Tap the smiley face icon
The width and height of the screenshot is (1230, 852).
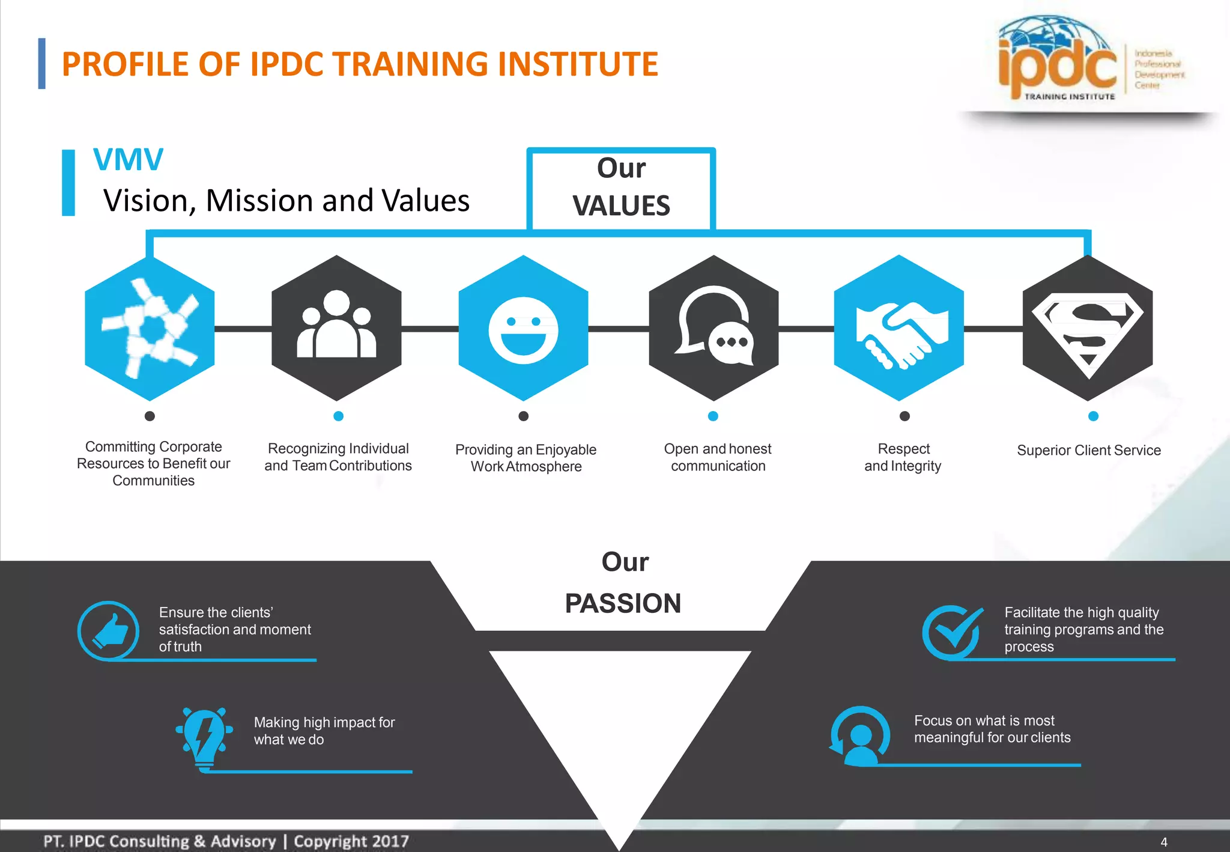(523, 330)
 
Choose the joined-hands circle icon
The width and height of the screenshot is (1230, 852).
(150, 327)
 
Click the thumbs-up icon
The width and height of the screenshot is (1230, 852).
(108, 631)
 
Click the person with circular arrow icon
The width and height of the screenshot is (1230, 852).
(859, 736)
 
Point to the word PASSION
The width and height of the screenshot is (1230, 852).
(623, 603)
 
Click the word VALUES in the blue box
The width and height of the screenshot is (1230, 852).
(621, 205)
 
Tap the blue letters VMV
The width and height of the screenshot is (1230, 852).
(128, 160)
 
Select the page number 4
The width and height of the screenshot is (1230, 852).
(1163, 842)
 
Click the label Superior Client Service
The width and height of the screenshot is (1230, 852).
(1088, 450)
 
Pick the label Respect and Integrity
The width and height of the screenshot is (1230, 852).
(903, 457)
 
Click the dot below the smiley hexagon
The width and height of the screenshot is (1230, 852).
(524, 416)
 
